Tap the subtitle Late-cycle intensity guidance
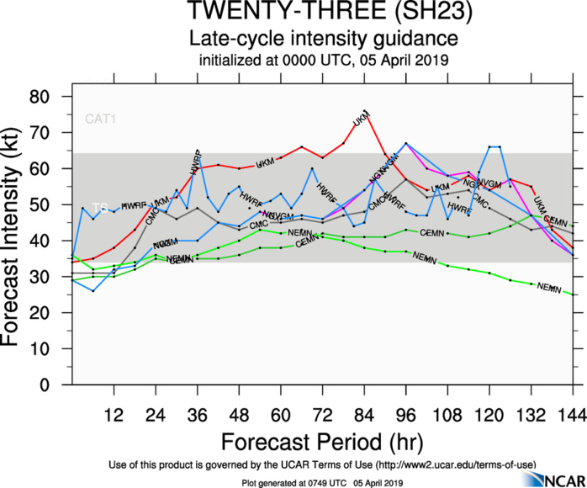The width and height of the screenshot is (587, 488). coord(323,39)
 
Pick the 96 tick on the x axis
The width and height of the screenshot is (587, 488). coord(406,413)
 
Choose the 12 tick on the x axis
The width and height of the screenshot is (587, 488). coord(114,413)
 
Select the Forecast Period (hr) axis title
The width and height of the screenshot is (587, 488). coord(323,441)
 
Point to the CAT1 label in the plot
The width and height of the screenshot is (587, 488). coord(100,119)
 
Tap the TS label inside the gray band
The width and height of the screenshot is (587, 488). coord(100,207)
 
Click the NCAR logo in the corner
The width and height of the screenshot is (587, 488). coord(551,478)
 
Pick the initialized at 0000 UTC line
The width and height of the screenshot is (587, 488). coord(323,60)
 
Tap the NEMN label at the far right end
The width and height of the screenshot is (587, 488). coord(548,288)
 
